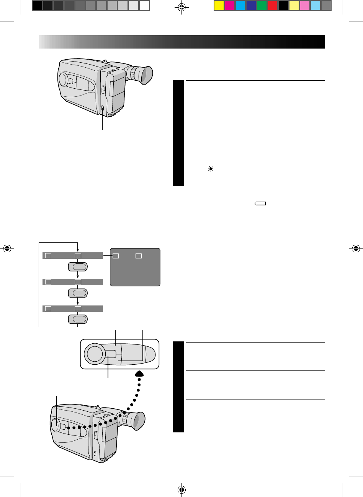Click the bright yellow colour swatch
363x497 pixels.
point(219,5)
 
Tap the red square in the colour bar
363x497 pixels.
point(272,5)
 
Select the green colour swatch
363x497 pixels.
point(262,5)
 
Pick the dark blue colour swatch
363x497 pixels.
point(251,5)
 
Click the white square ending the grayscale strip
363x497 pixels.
point(144,5)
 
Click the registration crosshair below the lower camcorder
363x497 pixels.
point(182,489)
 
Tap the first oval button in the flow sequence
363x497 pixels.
point(78,267)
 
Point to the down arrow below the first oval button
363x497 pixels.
point(78,275)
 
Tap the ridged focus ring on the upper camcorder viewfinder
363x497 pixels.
point(132,72)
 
